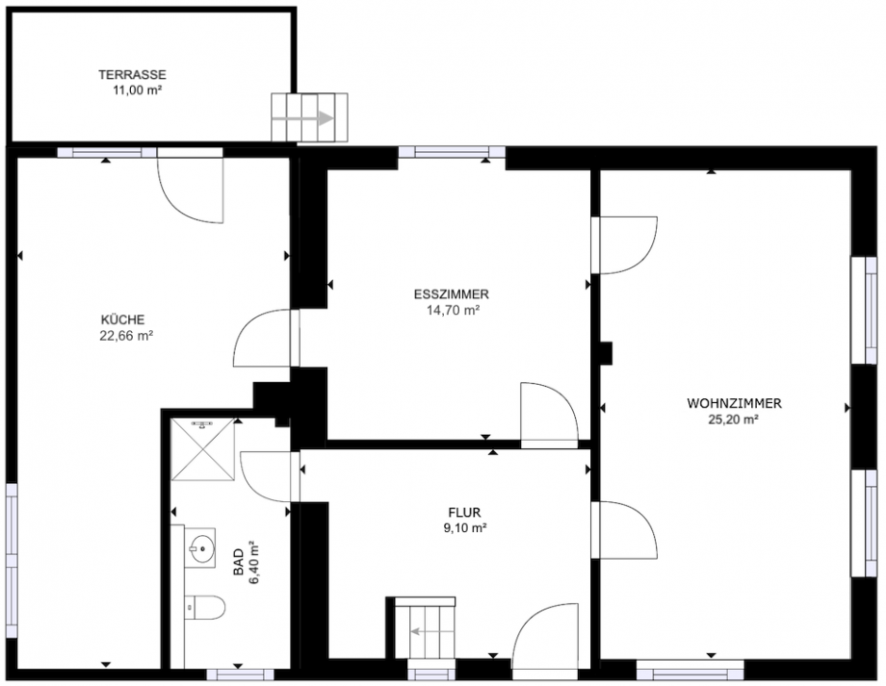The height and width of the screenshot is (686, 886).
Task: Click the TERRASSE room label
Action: click(134, 74)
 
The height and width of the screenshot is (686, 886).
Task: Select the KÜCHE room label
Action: click(122, 320)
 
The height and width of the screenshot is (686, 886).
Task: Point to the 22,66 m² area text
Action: click(126, 336)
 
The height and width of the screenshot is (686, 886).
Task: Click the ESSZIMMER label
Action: click(453, 294)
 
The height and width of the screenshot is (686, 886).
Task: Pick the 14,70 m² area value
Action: click(453, 310)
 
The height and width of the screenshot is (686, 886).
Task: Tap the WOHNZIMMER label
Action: click(733, 403)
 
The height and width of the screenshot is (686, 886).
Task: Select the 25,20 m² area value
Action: click(733, 419)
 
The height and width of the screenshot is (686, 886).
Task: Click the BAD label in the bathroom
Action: click(238, 562)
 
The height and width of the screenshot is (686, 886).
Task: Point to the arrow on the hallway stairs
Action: click(422, 632)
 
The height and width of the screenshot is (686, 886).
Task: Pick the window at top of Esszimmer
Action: click(452, 152)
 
